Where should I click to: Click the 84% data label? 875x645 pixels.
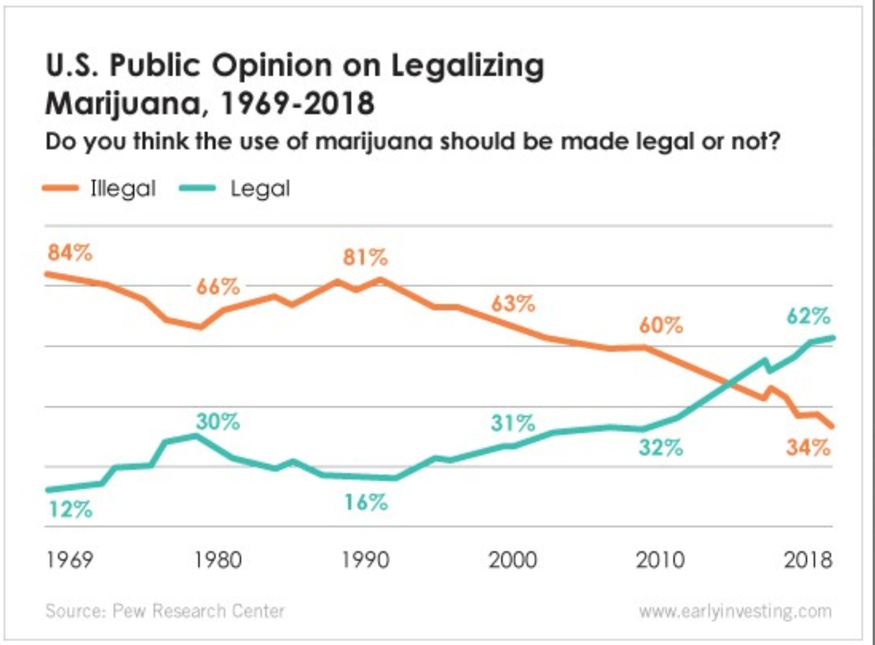70,253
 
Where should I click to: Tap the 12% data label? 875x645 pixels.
71,509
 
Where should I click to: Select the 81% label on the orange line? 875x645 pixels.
365,257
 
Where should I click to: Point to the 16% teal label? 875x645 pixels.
365,502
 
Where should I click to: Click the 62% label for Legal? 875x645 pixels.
808,316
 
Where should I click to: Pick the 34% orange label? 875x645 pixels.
808,448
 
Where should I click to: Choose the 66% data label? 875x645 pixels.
218,286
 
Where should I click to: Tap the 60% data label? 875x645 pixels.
661,326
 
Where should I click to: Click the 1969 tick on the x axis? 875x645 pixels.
69,560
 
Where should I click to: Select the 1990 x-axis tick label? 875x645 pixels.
365,560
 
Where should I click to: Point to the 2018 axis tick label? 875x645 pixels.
808,560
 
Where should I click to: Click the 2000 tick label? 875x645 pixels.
512,560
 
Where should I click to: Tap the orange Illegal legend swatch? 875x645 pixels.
60,188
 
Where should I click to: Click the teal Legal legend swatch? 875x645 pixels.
197,188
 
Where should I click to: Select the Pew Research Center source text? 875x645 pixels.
198,611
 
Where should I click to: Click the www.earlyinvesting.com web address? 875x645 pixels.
735,611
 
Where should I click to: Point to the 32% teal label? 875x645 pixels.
661,448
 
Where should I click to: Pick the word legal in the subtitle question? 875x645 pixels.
663,142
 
